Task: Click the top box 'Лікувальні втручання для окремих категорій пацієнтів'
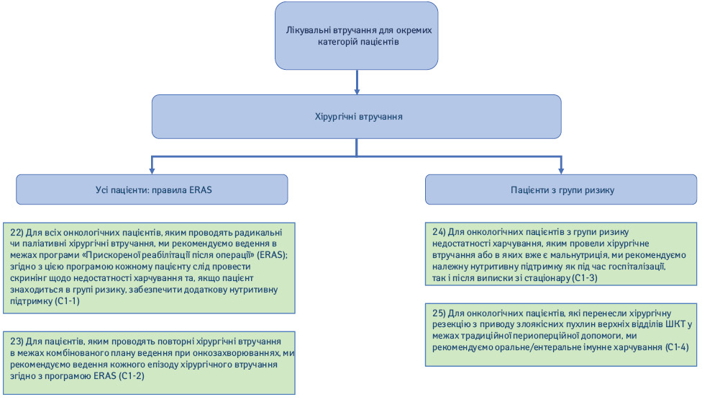(x=356, y=36)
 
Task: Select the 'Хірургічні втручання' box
(x=356, y=117)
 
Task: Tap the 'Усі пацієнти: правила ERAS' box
(x=152, y=189)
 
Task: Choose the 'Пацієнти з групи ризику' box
(x=561, y=189)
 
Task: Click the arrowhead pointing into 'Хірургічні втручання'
(x=357, y=91)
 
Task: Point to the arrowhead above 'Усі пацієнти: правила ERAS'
(x=152, y=171)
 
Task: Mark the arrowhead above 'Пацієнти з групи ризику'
(x=561, y=171)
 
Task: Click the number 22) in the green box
(x=17, y=233)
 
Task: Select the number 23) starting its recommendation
(x=17, y=341)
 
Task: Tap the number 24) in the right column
(x=439, y=232)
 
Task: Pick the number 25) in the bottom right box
(x=439, y=313)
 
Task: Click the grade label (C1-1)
(x=67, y=301)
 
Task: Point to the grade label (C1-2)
(x=132, y=376)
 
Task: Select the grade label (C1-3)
(x=585, y=278)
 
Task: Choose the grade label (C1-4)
(x=677, y=347)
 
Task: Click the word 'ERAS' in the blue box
(x=200, y=189)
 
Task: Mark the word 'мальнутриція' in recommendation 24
(x=593, y=255)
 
